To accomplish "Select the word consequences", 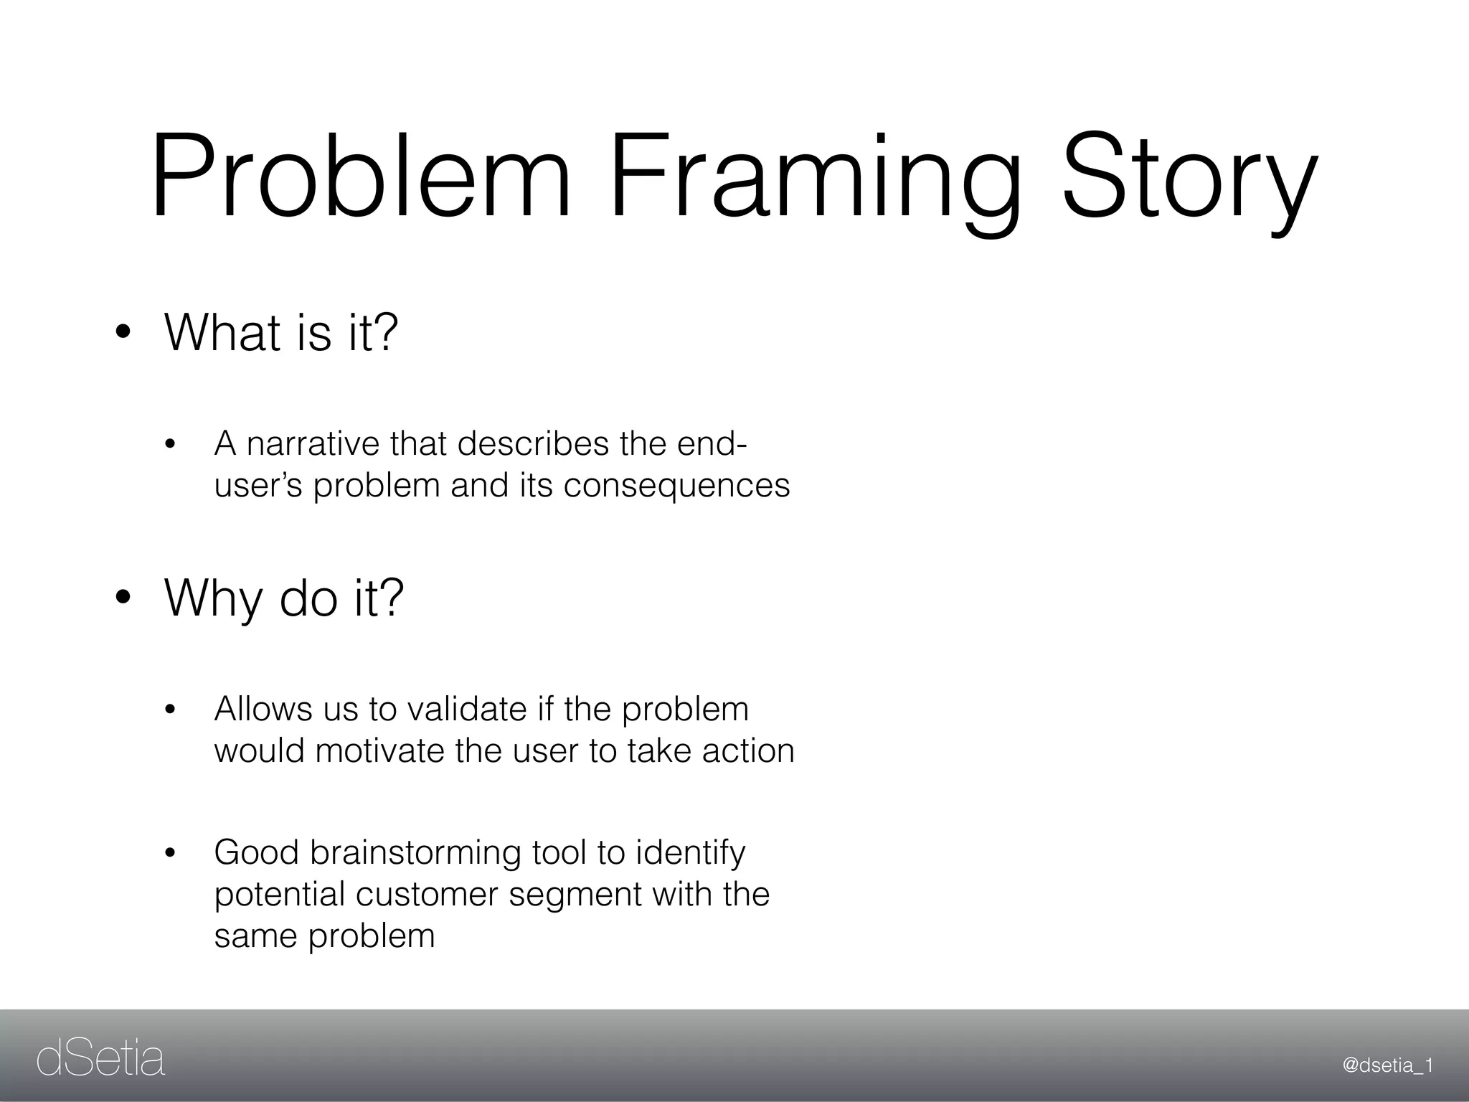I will (676, 486).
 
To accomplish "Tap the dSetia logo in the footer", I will (100, 1060).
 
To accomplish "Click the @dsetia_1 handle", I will (1387, 1065).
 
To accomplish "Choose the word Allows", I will (263, 709).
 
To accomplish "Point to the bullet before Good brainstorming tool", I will (170, 854).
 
